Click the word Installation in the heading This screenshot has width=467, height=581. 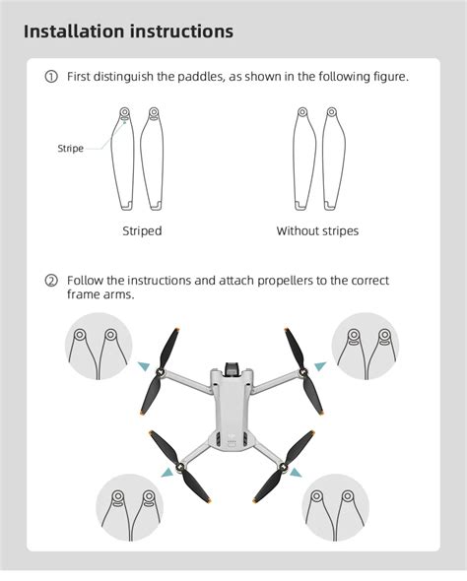tap(74, 32)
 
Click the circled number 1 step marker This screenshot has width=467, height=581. tap(51, 77)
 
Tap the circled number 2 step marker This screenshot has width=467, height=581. tap(51, 281)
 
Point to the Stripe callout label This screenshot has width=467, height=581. tap(70, 149)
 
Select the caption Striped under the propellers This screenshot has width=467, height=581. tap(142, 230)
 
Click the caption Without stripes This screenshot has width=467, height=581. tap(317, 230)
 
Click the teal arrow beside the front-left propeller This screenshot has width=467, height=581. tap(144, 366)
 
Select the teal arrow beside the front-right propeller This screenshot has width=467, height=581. tap(320, 366)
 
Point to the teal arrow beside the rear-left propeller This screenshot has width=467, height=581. tap(167, 472)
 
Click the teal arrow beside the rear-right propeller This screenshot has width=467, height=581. tap(296, 472)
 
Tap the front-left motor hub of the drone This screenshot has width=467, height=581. tap(162, 371)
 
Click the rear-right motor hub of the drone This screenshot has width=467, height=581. tap(283, 467)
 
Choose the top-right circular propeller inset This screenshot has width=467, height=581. tap(366, 346)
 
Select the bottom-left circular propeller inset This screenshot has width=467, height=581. tap(130, 508)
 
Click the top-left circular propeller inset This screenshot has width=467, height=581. tap(99, 346)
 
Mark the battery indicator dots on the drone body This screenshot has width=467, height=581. tap(232, 442)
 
